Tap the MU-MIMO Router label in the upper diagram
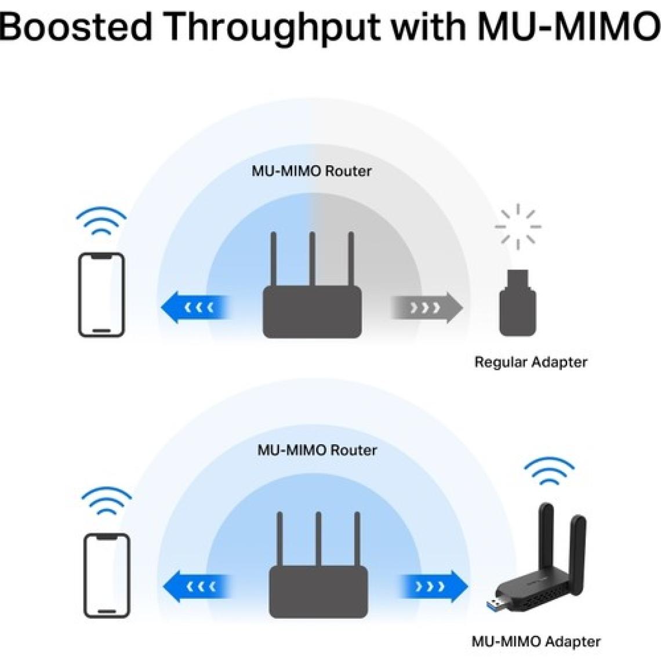coord(311,171)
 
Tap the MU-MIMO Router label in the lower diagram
coord(317,450)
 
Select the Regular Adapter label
coord(531,362)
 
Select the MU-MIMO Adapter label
coord(536,642)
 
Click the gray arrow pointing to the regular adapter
coord(426,307)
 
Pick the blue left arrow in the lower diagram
coord(197,587)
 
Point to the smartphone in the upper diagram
coord(101,295)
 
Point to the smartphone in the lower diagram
coord(107,575)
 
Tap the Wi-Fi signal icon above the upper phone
coord(101,221)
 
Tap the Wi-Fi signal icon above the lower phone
coord(107,502)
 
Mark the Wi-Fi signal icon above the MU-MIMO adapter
coord(549,473)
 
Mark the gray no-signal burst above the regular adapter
coord(518,226)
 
